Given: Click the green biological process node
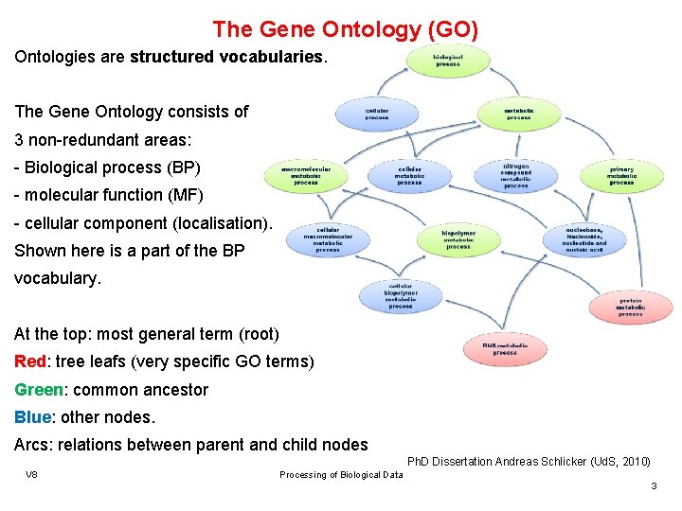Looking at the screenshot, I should click(448, 61).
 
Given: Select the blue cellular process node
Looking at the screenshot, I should click(376, 114).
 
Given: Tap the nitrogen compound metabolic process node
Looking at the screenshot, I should click(516, 174).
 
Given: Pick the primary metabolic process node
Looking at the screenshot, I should click(621, 174).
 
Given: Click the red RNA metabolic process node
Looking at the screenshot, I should click(505, 349).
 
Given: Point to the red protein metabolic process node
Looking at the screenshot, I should click(630, 307).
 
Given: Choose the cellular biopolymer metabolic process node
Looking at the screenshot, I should click(400, 296).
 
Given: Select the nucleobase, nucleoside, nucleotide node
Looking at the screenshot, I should click(585, 239).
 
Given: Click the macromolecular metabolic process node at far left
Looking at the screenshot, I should click(305, 175).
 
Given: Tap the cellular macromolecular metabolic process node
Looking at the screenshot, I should click(328, 239).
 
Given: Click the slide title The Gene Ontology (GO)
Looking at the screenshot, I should click(345, 29).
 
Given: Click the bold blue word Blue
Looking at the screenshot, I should click(32, 416).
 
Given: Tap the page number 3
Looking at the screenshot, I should click(653, 485).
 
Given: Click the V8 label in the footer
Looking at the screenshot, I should click(31, 474).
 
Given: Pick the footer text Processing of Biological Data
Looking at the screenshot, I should click(341, 474).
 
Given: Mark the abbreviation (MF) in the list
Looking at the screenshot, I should click(186, 194).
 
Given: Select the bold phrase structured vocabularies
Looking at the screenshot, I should click(226, 57).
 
